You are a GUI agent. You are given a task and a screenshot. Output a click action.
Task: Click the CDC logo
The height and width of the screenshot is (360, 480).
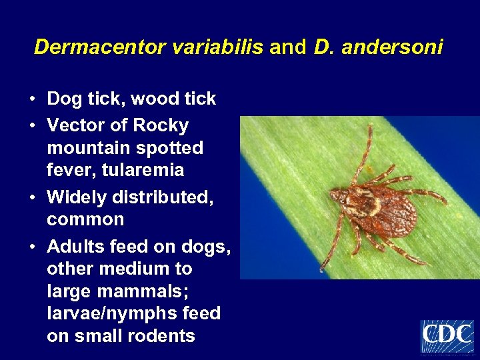(447, 336)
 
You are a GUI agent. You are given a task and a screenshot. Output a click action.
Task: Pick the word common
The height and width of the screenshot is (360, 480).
(85, 219)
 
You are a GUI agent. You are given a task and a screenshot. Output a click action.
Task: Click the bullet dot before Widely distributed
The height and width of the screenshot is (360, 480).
(32, 197)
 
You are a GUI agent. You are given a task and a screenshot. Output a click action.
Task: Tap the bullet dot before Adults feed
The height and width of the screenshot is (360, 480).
(32, 247)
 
